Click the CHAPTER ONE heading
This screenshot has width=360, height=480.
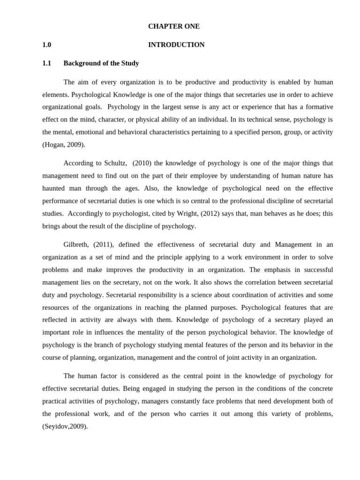click(x=174, y=27)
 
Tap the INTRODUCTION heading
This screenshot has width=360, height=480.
click(x=176, y=45)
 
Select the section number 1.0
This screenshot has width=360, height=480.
click(x=46, y=45)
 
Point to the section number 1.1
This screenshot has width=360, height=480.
click(x=46, y=63)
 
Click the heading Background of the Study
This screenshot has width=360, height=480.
click(x=101, y=63)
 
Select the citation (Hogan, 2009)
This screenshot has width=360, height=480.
click(x=64, y=145)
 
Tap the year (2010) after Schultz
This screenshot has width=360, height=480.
click(x=142, y=163)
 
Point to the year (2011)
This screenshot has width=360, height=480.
click(x=103, y=245)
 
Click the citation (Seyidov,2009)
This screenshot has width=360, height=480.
click(x=65, y=427)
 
